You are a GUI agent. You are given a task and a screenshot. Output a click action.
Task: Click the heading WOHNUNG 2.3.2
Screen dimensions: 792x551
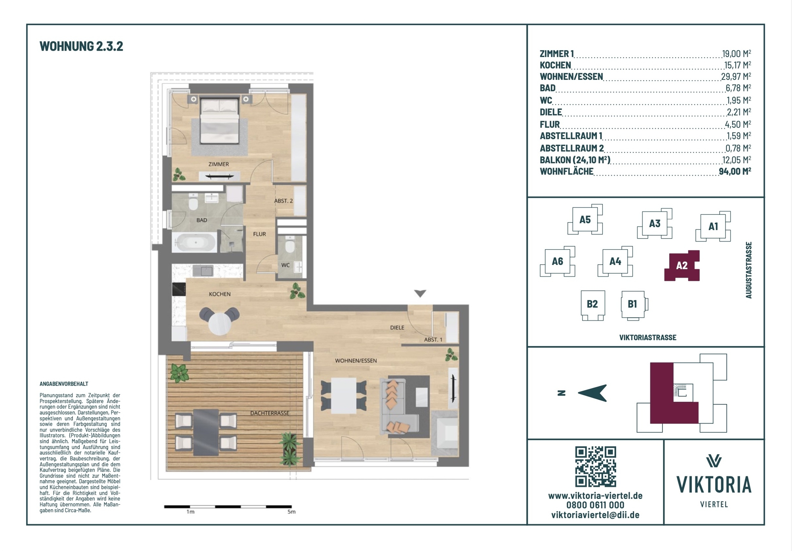pyautogui.click(x=81, y=46)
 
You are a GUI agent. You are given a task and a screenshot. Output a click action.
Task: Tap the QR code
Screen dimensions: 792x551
pyautogui.click(x=595, y=467)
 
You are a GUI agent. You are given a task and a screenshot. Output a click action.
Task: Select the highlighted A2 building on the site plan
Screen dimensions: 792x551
pyautogui.click(x=682, y=265)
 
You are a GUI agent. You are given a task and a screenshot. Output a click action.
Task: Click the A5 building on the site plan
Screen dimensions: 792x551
pyautogui.click(x=585, y=220)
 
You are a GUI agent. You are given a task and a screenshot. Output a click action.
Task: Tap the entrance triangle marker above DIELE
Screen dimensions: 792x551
pyautogui.click(x=420, y=293)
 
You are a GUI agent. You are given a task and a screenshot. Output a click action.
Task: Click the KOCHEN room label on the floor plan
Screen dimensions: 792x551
pyautogui.click(x=220, y=294)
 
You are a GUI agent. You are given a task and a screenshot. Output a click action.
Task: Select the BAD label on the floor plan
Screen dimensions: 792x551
pyautogui.click(x=202, y=220)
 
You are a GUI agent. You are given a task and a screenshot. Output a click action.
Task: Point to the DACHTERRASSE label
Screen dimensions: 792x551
pyautogui.click(x=270, y=413)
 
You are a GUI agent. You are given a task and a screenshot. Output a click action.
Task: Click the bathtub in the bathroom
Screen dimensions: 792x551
pyautogui.click(x=194, y=242)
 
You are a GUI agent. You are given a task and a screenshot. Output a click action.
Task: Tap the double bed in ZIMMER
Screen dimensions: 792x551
pyautogui.click(x=220, y=121)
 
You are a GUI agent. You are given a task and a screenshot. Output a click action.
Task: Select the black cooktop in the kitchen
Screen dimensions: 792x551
pyautogui.click(x=179, y=289)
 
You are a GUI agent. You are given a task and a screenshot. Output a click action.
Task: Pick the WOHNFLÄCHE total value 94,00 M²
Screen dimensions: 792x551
pyautogui.click(x=735, y=171)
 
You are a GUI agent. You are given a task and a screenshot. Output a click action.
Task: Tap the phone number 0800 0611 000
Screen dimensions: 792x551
pyautogui.click(x=595, y=505)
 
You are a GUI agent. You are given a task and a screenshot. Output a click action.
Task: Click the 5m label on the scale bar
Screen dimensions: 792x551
pyautogui.click(x=291, y=512)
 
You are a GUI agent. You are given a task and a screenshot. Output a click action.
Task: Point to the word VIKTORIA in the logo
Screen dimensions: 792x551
pyautogui.click(x=714, y=485)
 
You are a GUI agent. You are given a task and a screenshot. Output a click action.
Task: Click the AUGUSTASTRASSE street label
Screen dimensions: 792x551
pyautogui.click(x=748, y=270)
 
